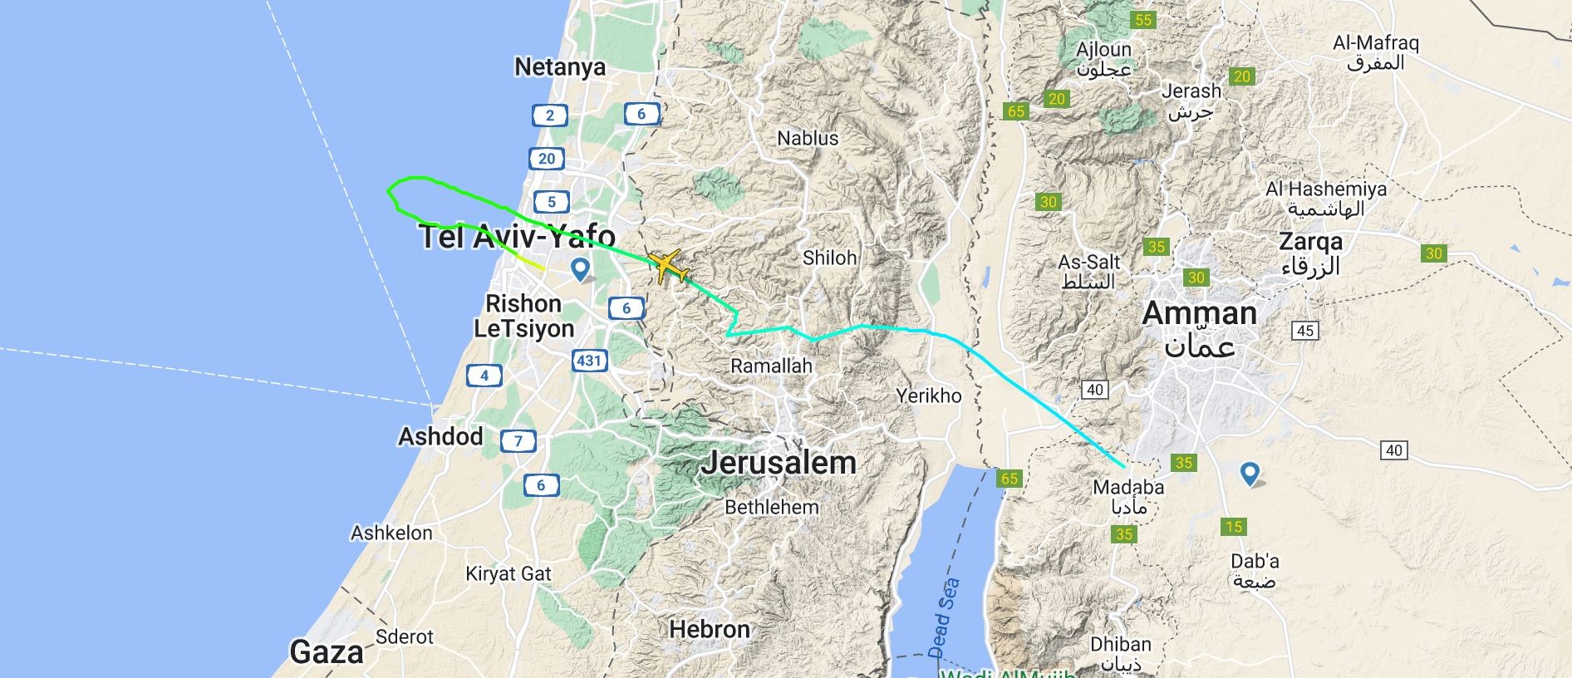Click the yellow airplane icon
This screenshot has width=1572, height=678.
pyautogui.click(x=668, y=268)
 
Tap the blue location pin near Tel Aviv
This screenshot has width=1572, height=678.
pyautogui.click(x=580, y=268)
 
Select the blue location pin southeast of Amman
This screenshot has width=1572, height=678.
pyautogui.click(x=1250, y=474)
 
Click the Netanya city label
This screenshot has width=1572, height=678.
pyautogui.click(x=560, y=67)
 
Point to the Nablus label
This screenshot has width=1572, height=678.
pyautogui.click(x=808, y=138)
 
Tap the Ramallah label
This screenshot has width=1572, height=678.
pyautogui.click(x=771, y=366)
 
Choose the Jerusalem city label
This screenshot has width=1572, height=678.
pyautogui.click(x=778, y=463)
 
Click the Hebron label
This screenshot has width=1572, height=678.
pyautogui.click(x=709, y=630)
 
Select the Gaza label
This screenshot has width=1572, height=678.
pyautogui.click(x=327, y=652)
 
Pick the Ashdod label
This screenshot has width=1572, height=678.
pyautogui.click(x=440, y=436)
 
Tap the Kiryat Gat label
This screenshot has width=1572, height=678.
pyautogui.click(x=508, y=574)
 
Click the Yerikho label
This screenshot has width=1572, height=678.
pyautogui.click(x=928, y=395)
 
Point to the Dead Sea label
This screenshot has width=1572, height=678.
pyautogui.click(x=944, y=617)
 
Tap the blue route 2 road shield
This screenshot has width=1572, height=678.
pyautogui.click(x=549, y=115)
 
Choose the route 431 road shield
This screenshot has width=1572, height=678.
pyautogui.click(x=589, y=361)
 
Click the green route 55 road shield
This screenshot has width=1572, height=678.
pyautogui.click(x=1143, y=20)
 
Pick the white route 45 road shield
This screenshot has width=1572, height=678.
pyautogui.click(x=1305, y=331)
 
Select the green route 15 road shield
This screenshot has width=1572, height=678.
pyautogui.click(x=1234, y=527)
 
